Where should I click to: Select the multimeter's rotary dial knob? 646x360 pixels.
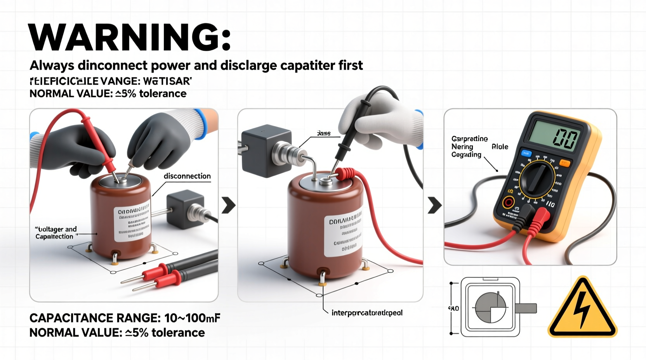click(537, 179)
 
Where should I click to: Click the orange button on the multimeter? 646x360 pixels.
click(565, 163)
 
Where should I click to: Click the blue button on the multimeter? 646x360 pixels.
click(526, 153)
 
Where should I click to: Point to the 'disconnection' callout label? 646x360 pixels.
click(187, 176)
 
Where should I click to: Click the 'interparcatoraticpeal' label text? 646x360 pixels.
click(367, 313)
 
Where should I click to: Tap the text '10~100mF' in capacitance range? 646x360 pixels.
click(192, 318)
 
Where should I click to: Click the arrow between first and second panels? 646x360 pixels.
click(228, 205)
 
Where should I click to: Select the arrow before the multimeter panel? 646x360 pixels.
click(434, 205)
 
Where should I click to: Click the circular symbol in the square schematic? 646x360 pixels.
click(491, 308)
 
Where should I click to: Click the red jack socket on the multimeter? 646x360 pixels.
click(508, 202)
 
